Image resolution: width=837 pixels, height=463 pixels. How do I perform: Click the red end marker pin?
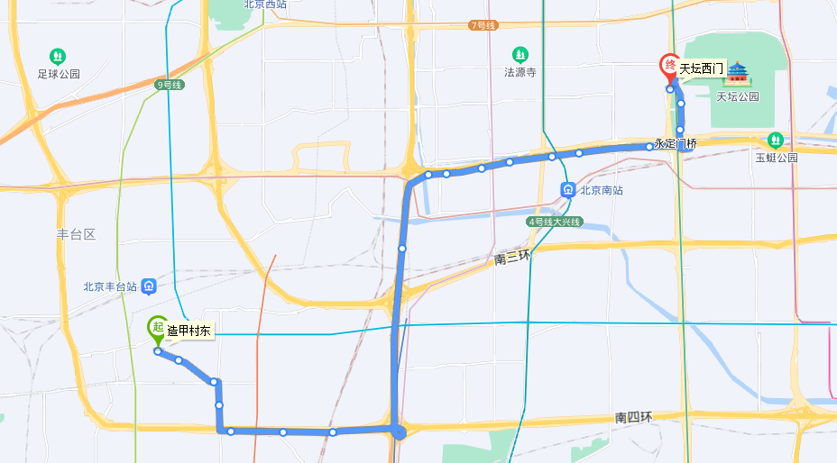[x=669, y=66]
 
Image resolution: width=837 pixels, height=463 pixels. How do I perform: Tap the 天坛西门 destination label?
[x=702, y=68]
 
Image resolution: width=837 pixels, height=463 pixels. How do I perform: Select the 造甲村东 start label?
[x=189, y=331]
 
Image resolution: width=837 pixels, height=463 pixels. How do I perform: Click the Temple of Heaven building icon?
[x=739, y=73]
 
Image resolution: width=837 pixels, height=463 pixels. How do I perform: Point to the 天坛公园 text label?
[x=738, y=96]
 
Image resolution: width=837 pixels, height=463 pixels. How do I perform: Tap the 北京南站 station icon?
[x=569, y=190]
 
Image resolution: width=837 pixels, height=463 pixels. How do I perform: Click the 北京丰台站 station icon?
[x=149, y=287]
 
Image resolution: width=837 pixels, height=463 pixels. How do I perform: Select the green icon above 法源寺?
[x=520, y=55]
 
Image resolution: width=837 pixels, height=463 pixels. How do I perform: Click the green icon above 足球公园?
[x=59, y=57]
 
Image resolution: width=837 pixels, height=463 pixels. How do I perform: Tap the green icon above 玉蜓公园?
[x=775, y=141]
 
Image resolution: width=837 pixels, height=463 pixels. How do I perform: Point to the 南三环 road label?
[x=512, y=259]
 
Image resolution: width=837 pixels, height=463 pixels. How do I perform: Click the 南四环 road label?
[x=633, y=417]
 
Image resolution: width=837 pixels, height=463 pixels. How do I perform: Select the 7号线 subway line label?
[x=483, y=25]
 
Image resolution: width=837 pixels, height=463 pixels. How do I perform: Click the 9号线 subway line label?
[x=170, y=85]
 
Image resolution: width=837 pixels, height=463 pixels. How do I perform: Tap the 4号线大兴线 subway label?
[x=555, y=222]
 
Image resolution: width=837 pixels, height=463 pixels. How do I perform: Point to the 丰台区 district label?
[x=76, y=234]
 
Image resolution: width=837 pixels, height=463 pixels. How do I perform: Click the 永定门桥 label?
[x=676, y=144]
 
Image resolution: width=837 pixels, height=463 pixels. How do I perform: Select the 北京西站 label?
[x=265, y=5]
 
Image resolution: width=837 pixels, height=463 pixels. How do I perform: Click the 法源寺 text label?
[x=520, y=73]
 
